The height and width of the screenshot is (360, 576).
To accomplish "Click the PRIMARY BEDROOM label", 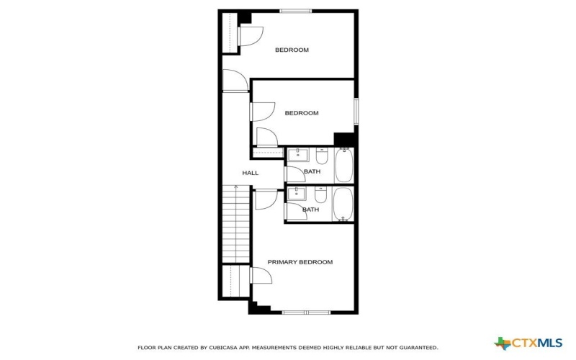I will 300,262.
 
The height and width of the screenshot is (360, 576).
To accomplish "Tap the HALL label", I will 250,173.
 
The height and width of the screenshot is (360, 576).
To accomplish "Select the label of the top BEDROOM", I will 292,50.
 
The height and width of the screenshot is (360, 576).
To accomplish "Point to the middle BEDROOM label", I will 301,113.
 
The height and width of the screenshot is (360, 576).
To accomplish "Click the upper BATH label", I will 312,171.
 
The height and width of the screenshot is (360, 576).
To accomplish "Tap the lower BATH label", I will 310,210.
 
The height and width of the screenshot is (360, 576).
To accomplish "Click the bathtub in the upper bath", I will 344,166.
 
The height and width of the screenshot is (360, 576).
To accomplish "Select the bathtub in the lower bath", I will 343,204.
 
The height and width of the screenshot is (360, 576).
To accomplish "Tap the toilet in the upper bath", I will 321,156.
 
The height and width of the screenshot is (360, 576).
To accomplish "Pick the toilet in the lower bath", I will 321,194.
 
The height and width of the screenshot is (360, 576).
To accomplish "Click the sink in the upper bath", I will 298,155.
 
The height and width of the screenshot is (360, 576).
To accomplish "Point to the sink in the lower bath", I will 298,193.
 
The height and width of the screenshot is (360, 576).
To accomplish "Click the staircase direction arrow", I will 235,188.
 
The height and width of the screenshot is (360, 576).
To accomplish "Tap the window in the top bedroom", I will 296,11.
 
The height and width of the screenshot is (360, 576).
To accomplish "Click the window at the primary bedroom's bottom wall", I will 306,312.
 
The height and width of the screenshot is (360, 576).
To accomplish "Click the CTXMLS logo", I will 528,343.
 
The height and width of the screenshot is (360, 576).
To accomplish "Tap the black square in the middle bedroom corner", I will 345,139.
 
